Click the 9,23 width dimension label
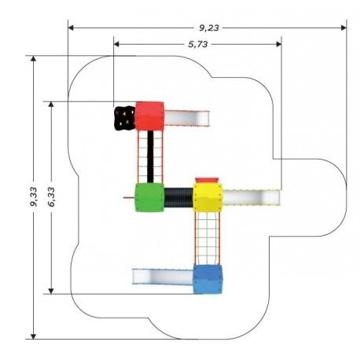coord(209,28)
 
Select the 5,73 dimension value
coord(198,44)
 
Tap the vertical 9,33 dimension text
coord(34,197)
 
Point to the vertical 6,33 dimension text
coord(51,197)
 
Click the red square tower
coord(149,116)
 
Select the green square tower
coord(149,197)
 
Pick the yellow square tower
coord(208,197)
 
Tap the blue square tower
coord(208,279)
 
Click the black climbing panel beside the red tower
coord(125,118)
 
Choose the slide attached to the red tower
coord(187,119)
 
